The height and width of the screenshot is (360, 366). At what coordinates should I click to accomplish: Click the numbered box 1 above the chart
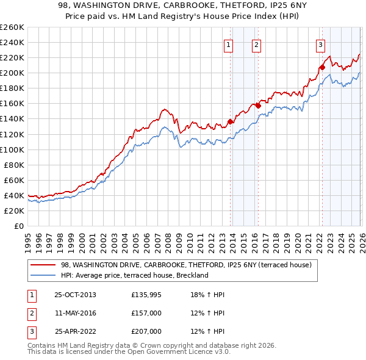[x=228, y=44]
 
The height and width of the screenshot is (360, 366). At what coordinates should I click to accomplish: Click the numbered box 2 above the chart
[x=256, y=44]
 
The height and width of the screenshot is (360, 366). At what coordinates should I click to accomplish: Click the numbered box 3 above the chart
[x=320, y=44]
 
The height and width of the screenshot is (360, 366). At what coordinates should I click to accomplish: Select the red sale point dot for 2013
[x=231, y=121]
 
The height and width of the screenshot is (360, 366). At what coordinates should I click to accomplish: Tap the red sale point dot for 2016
[x=258, y=106]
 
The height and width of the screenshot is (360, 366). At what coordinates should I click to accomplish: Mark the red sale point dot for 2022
[x=322, y=67]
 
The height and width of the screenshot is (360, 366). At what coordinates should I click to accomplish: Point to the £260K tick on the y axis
[x=12, y=27]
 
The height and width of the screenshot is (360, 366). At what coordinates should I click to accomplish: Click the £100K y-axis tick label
[x=12, y=149]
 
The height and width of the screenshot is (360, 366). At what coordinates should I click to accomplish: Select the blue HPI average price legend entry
[x=135, y=275]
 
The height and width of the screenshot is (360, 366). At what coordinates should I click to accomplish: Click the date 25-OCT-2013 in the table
[x=75, y=295]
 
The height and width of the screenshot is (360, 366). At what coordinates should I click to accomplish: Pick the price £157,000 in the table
[x=146, y=313]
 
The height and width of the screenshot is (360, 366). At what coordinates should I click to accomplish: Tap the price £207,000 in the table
[x=146, y=331]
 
